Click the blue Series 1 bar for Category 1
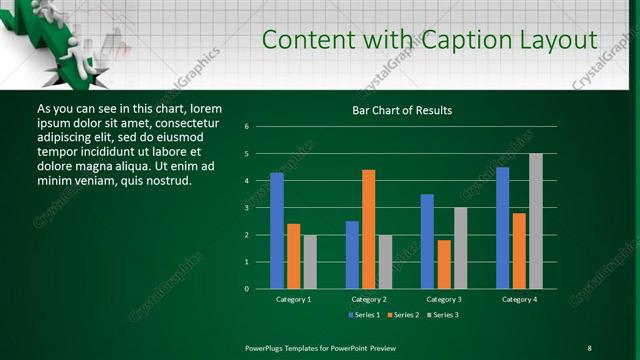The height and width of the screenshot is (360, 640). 277,231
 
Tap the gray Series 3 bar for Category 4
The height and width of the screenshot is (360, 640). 535,221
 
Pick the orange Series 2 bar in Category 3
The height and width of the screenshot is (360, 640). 444,264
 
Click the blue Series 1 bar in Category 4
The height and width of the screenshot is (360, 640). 502,228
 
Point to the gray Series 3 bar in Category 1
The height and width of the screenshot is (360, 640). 310,262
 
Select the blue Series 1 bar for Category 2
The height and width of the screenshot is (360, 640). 352,255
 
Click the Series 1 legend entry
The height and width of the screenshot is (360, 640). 361,315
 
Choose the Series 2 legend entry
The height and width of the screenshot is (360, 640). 403,315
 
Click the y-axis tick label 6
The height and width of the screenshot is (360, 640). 246,127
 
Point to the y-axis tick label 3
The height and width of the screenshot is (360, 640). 246,208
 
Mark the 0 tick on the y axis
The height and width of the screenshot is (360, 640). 246,289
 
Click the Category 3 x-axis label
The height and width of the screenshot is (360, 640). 444,299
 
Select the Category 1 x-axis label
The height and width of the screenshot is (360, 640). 293,299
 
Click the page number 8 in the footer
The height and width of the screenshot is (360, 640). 589,347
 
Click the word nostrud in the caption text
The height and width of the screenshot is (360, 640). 167,180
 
